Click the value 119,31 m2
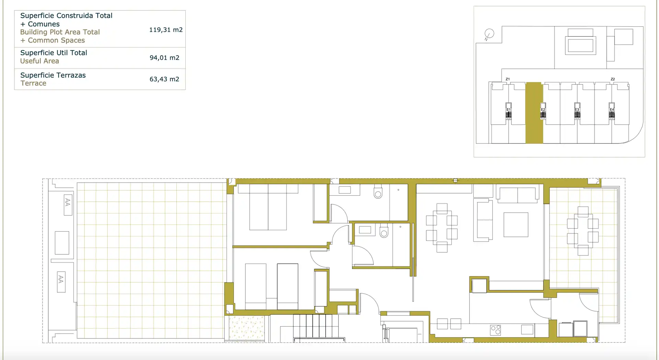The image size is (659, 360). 166,30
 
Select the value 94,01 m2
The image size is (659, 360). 164,58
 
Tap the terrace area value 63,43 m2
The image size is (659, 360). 164,79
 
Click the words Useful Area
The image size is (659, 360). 39,61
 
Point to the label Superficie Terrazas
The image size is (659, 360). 53,75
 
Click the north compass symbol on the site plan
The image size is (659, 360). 489,34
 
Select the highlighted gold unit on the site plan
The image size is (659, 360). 534,113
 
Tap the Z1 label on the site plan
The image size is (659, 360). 508,79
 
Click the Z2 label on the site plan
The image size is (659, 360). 613,79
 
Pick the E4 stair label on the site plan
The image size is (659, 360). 612,109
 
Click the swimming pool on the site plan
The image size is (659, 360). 580,45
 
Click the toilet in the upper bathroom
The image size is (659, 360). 378,192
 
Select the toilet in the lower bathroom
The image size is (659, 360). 384,232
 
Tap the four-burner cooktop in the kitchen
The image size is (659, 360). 496,330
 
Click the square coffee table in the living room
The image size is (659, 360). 516,225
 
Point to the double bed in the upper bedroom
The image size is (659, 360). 268,207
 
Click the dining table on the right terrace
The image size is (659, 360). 583,231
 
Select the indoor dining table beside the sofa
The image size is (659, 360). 442,228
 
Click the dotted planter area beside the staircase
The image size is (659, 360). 247,328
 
